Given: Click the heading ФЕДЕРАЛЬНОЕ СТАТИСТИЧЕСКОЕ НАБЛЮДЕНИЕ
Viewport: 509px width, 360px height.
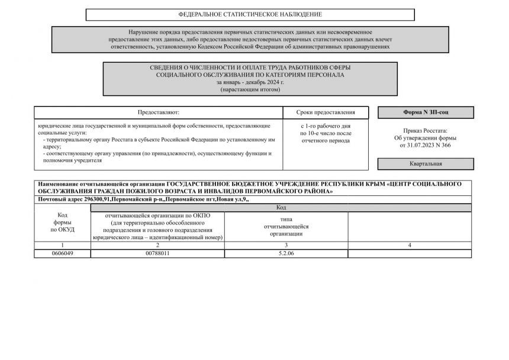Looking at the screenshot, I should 250,14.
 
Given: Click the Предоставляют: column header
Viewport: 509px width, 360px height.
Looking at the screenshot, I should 158,112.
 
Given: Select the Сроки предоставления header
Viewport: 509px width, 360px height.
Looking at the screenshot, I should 326,112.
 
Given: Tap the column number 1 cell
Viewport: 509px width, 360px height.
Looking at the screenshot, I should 62,245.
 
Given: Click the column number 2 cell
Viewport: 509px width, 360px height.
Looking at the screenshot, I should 157,245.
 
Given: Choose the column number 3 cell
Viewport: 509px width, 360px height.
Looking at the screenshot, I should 286,245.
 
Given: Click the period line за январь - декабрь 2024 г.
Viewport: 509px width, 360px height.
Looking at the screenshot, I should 250,82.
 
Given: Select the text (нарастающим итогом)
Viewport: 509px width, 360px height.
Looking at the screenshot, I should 250,89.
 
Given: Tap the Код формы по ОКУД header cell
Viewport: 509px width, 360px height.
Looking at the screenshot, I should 62,222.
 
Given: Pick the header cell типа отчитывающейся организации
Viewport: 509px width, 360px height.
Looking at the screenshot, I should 286,226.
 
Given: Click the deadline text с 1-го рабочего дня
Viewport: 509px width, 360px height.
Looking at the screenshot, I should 326,127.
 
